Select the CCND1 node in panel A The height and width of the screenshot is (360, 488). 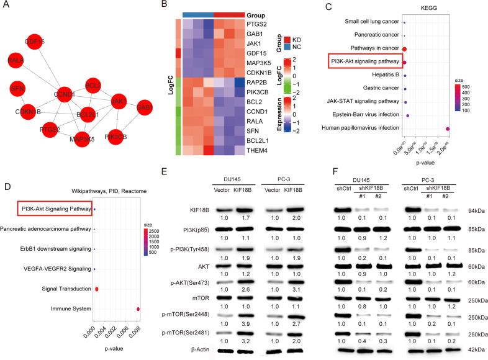[66, 95]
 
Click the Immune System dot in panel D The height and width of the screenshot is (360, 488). [138, 308]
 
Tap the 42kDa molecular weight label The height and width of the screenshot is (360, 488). [477, 350]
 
